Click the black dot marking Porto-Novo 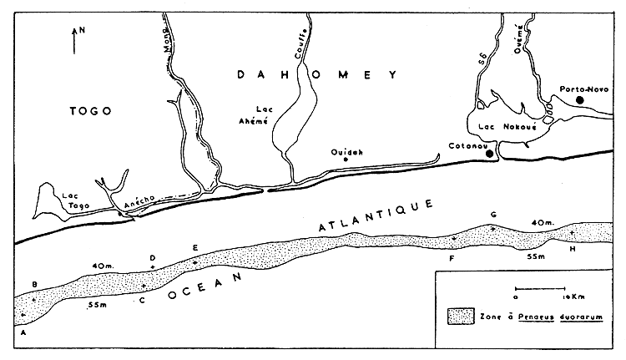tap(580, 100)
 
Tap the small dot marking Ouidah tap(346, 161)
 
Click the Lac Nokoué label tap(502, 126)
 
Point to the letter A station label tap(23, 332)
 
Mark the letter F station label tap(452, 259)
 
